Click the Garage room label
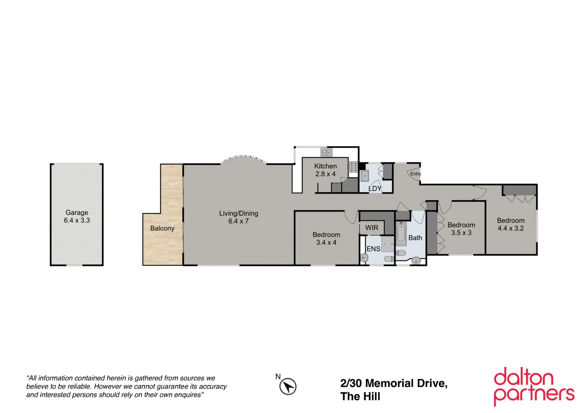(77, 213)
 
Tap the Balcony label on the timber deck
(162, 228)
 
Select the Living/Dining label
(238, 213)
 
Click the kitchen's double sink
(326, 153)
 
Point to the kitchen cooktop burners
(353, 166)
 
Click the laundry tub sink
(364, 176)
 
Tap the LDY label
(375, 189)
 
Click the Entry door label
(416, 174)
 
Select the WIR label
(372, 228)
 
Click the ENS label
(373, 249)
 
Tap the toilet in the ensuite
(388, 259)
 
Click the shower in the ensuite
(388, 244)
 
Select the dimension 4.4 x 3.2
(510, 228)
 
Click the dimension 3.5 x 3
(461, 233)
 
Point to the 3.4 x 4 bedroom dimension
(326, 242)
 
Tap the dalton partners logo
(534, 386)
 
